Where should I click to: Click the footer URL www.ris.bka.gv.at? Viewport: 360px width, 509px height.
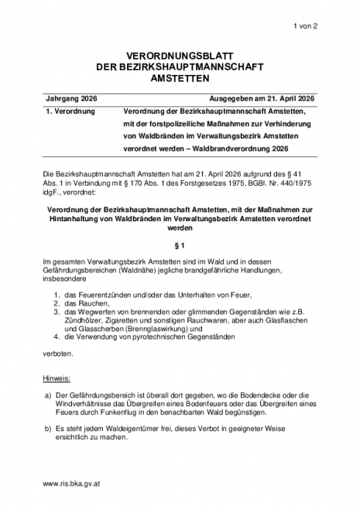(74, 482)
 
